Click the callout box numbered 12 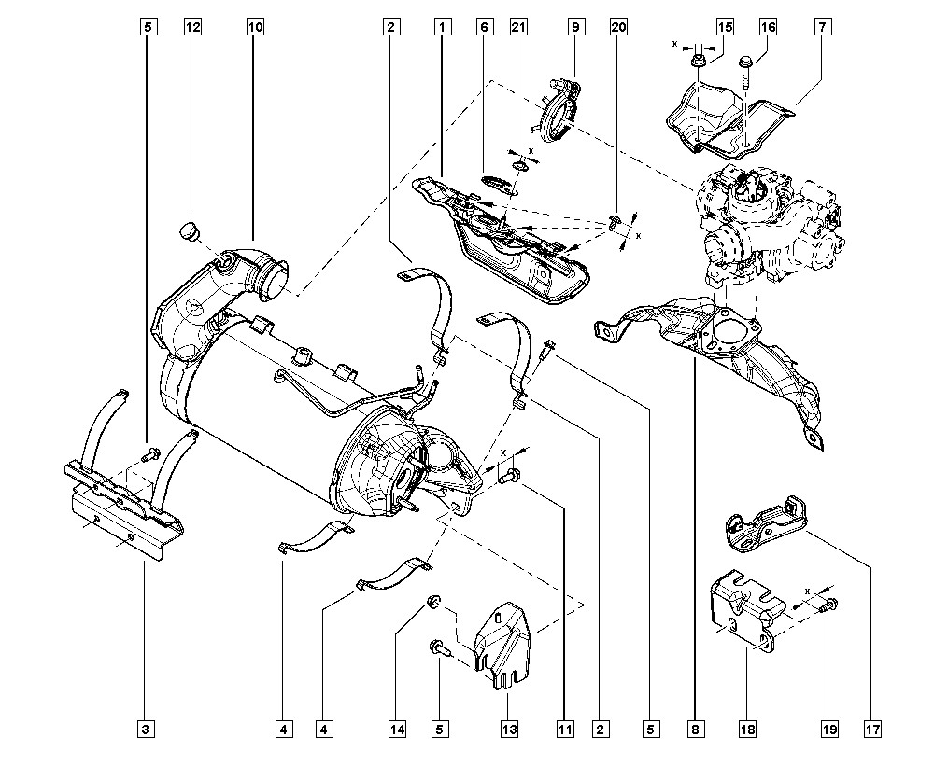192,28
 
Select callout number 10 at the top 255,28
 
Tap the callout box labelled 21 517,28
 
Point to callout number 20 617,28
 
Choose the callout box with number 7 822,28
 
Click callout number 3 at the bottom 145,728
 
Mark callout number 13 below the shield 506,728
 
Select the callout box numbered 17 873,728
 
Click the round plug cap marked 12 189,229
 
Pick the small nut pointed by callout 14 433,600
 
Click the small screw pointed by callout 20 615,221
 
